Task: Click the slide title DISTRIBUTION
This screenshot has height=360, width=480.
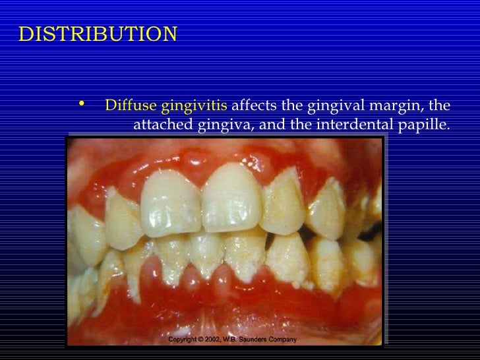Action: click(x=98, y=34)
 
